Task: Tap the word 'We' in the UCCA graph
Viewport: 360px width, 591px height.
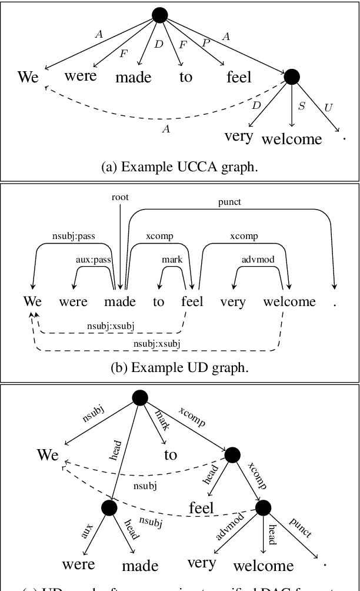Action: pyautogui.click(x=28, y=77)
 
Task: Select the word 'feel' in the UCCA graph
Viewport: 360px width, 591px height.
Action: pyautogui.click(x=239, y=77)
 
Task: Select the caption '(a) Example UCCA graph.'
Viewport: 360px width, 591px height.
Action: pyautogui.click(x=179, y=167)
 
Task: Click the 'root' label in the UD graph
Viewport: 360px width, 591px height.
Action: pyautogui.click(x=119, y=198)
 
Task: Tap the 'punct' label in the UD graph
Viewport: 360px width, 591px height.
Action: pyautogui.click(x=229, y=202)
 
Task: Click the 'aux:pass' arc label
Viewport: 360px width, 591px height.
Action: pyautogui.click(x=95, y=259)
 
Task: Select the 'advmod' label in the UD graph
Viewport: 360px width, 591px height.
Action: pyautogui.click(x=258, y=259)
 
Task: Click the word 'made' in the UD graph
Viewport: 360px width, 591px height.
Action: pyautogui.click(x=119, y=302)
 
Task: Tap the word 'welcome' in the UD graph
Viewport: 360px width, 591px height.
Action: pyautogui.click(x=289, y=302)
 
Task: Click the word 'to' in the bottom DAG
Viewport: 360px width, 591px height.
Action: pyautogui.click(x=171, y=454)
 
